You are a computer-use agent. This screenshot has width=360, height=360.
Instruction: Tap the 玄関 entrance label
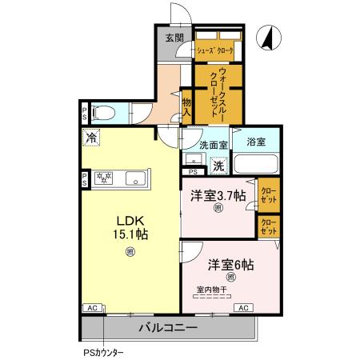(x=174, y=38)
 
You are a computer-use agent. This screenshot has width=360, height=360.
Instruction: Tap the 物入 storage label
(x=186, y=107)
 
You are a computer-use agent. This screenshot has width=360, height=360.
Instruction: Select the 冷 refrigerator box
(x=93, y=138)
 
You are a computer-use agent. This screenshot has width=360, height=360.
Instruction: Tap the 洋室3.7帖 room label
(x=218, y=194)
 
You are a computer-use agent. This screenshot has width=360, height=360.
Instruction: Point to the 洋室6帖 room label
(x=230, y=264)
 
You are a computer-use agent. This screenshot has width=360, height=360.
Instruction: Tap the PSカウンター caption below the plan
(x=102, y=351)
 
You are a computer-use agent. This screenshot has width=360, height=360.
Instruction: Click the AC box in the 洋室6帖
(x=242, y=307)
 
